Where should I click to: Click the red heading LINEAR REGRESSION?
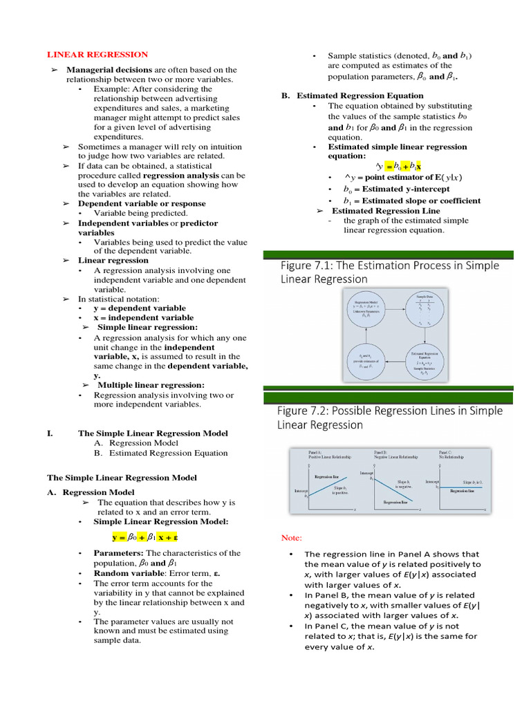pyautogui.click(x=97, y=55)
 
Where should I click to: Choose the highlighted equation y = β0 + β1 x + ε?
pyautogui.click(x=149, y=537)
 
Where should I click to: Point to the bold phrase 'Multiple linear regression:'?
pyautogui.click(x=151, y=385)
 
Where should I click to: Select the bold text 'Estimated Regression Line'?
pyautogui.click(x=385, y=211)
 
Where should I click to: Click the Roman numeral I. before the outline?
pyautogui.click(x=50, y=434)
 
